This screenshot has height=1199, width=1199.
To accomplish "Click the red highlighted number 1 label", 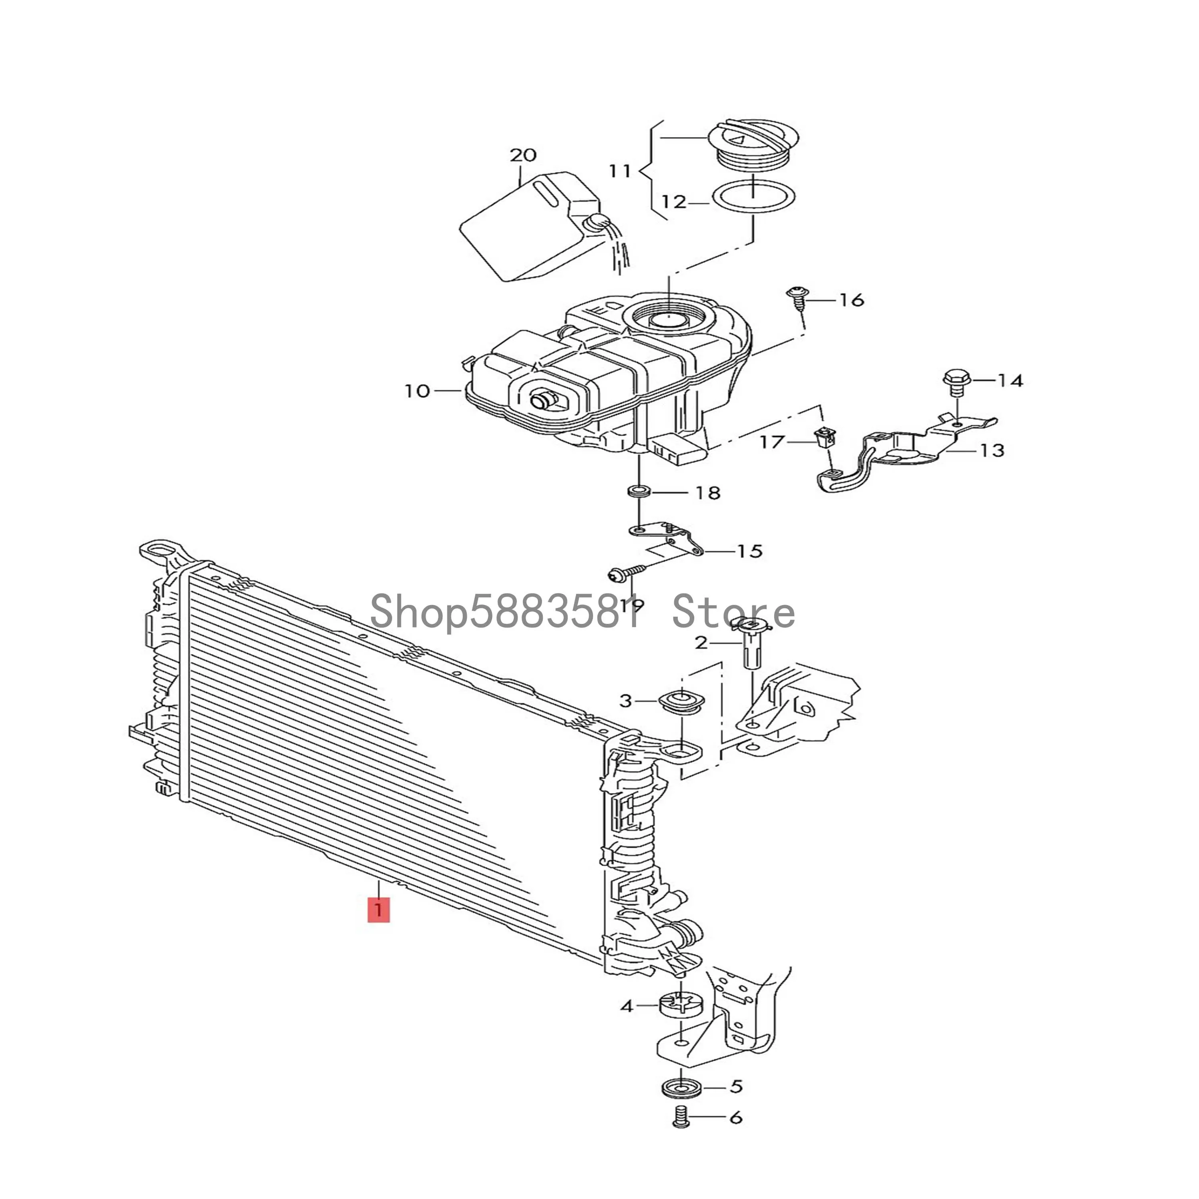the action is pyautogui.click(x=378, y=910).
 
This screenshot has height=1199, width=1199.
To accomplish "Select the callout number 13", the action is pyautogui.click(x=991, y=450).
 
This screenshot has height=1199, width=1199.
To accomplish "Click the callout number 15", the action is pyautogui.click(x=749, y=551).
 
